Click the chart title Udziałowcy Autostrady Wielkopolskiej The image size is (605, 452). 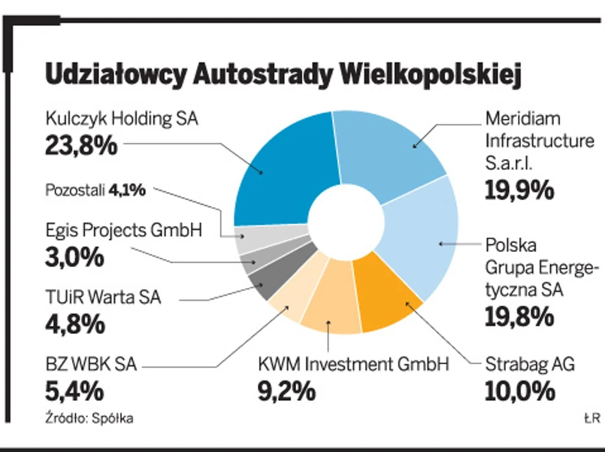click(283, 76)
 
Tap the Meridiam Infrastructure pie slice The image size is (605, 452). click(383, 150)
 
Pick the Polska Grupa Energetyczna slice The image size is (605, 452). click(425, 241)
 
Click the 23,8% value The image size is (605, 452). click(81, 144)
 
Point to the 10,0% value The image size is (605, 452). click(519, 391)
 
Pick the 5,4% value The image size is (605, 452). click(74, 391)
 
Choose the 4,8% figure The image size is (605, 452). click(74, 324)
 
